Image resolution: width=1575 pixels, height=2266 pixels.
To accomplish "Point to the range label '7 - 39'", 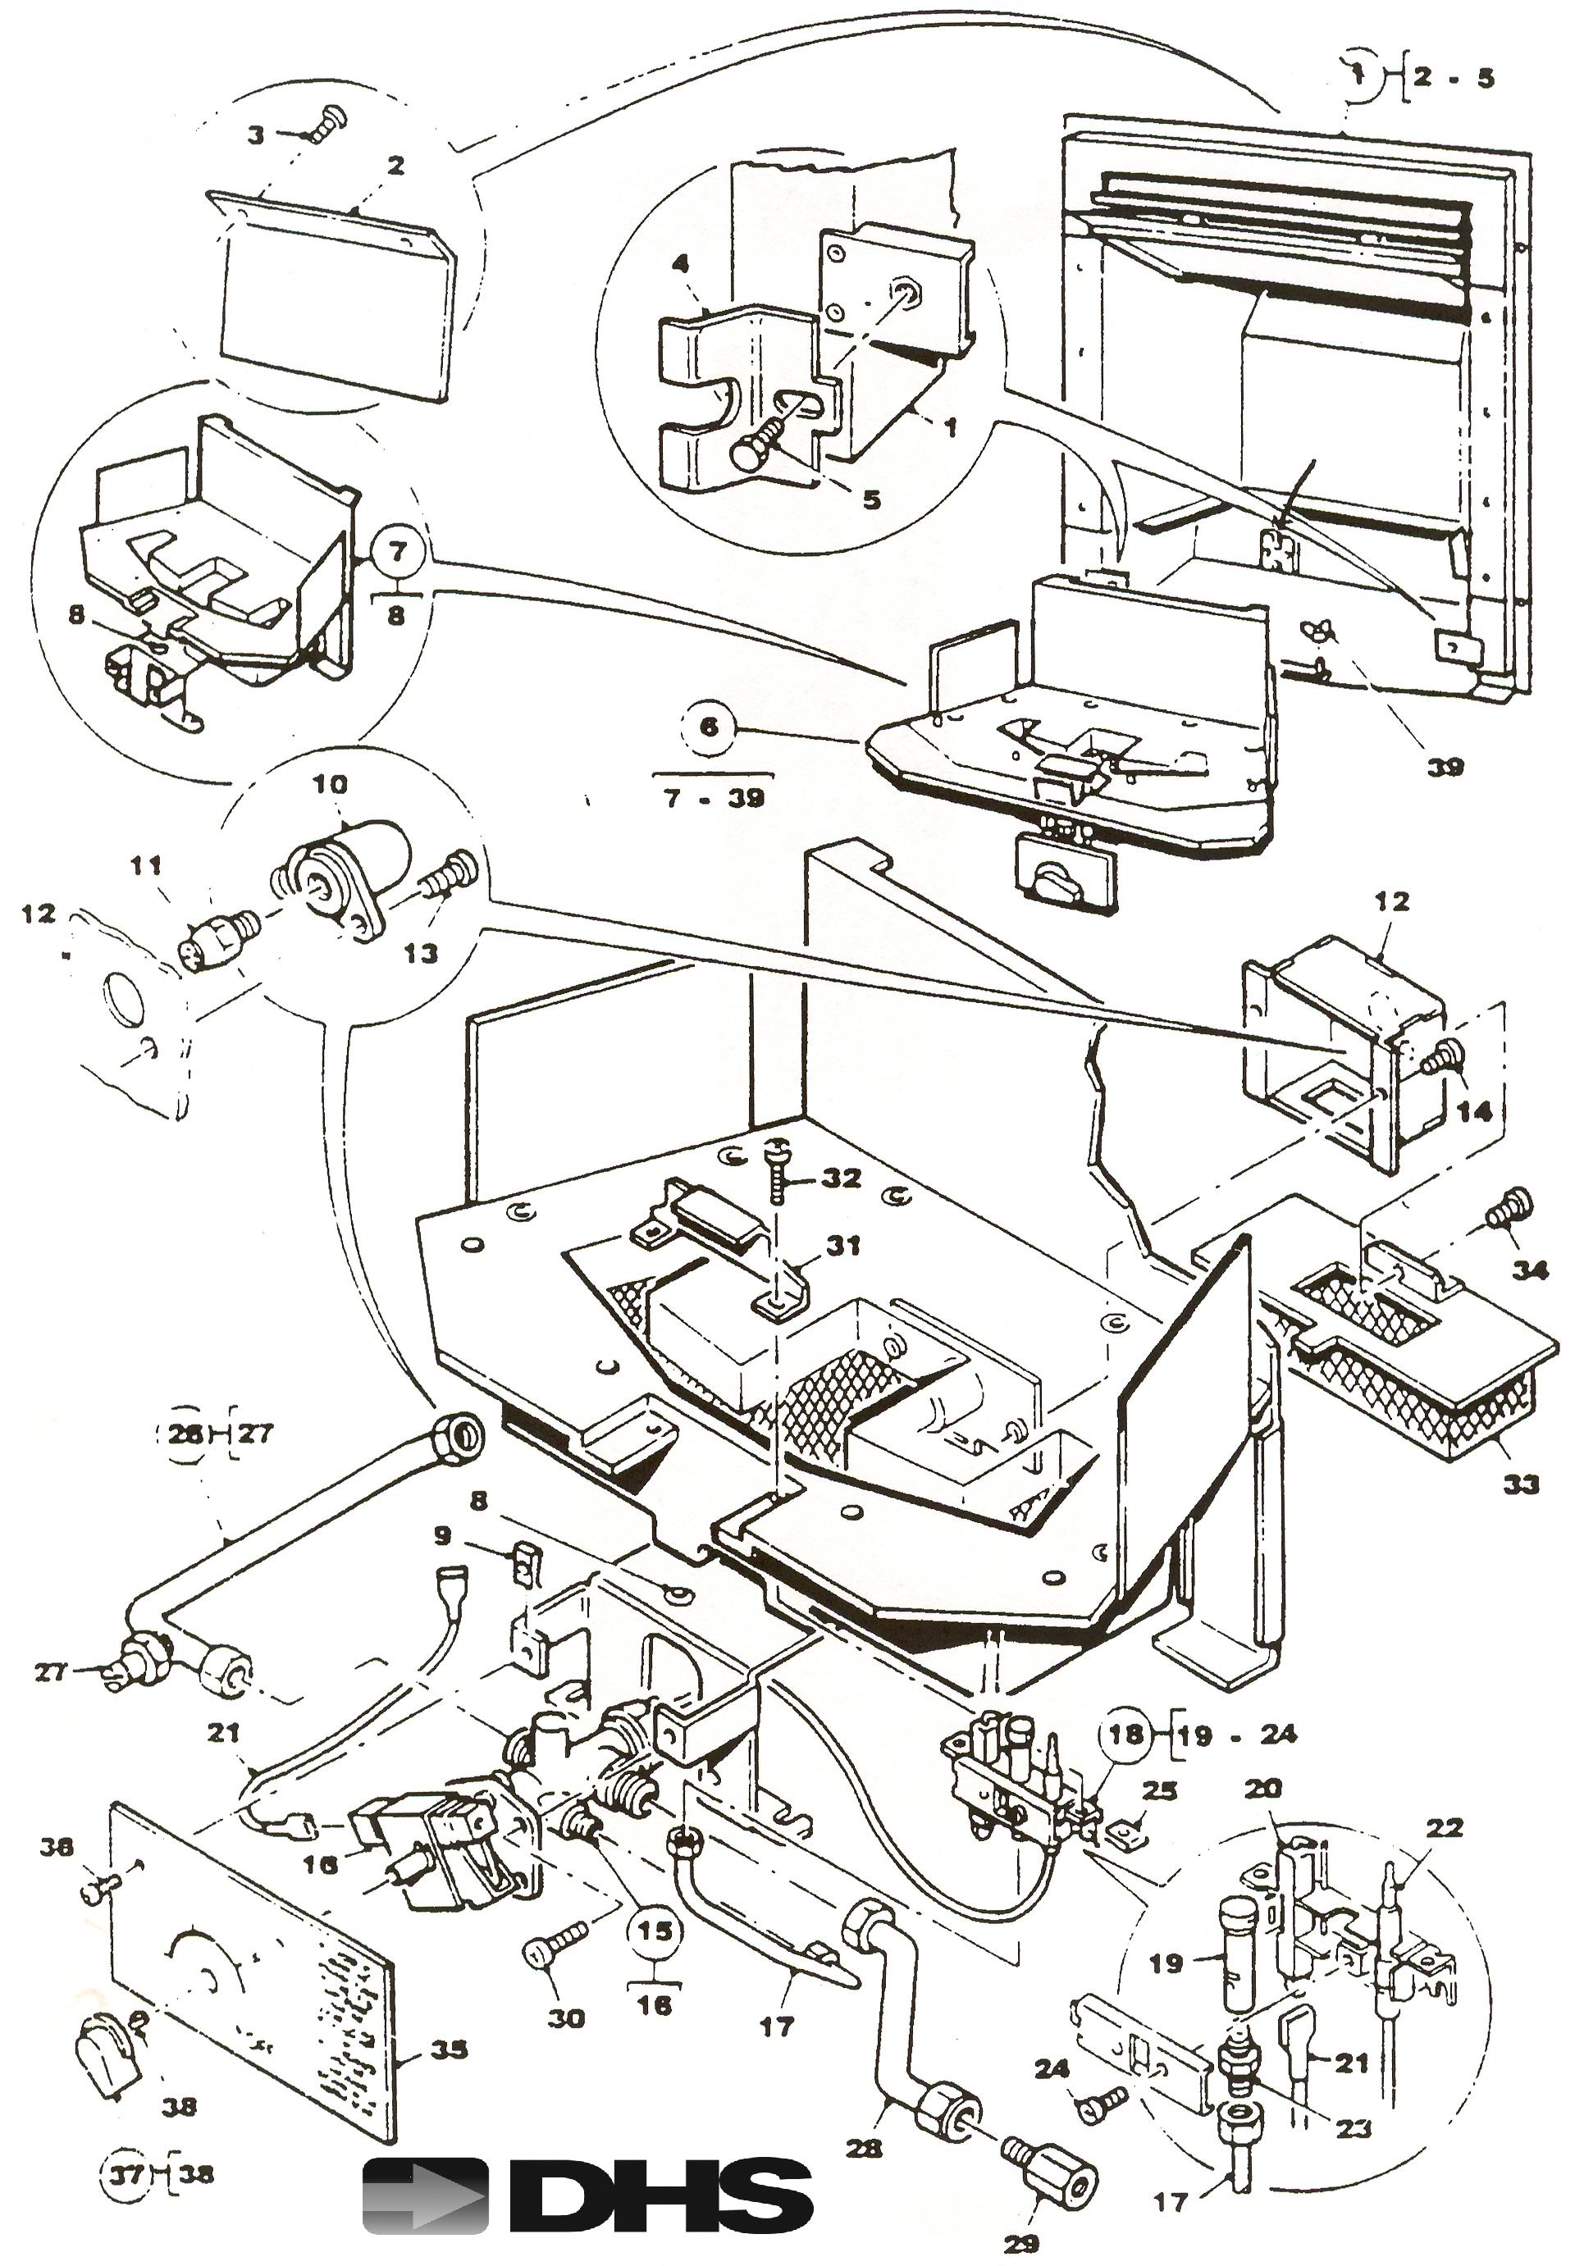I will point(715,797).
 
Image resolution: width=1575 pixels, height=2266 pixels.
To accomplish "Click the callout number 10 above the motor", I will point(331,784).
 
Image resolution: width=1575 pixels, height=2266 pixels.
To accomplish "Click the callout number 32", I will point(841,1178).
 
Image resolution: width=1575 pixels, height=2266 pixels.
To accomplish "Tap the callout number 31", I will point(842,1246).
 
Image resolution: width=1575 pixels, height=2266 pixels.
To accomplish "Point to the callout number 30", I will point(567,2018).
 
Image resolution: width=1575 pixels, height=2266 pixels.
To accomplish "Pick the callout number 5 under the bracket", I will point(871,500).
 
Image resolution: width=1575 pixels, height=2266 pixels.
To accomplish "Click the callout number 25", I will point(1160,1790).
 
